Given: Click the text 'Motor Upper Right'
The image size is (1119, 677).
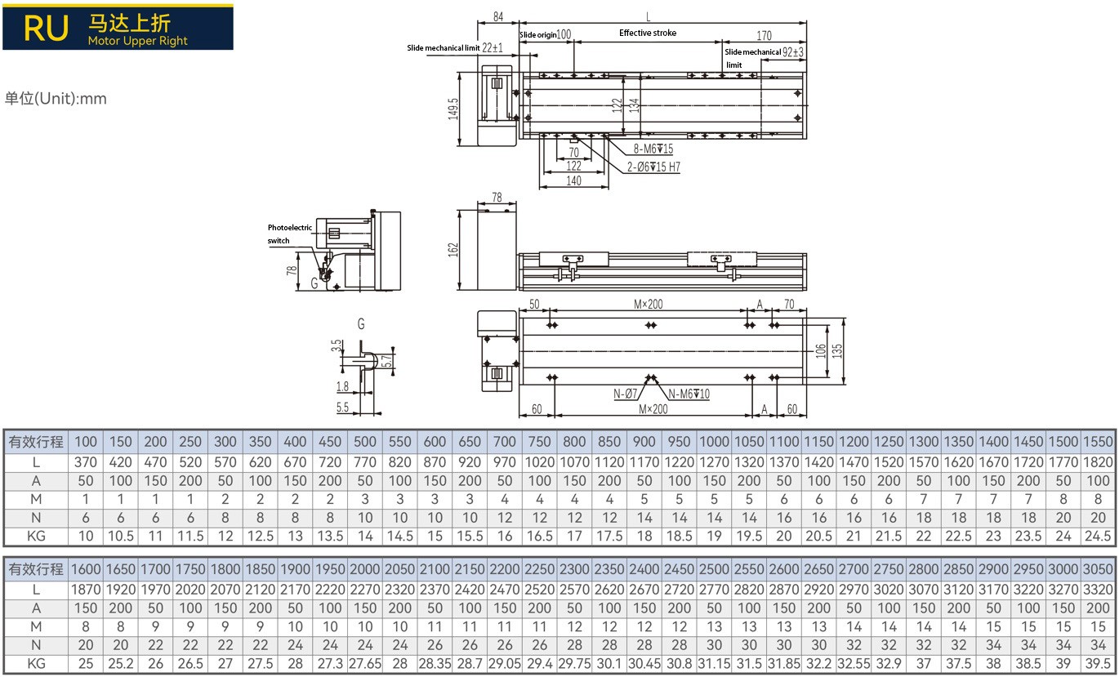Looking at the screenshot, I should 137,41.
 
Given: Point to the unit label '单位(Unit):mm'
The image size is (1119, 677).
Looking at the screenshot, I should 56,99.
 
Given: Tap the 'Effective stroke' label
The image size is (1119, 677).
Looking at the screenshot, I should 648,33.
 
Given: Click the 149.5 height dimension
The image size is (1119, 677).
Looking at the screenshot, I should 453,108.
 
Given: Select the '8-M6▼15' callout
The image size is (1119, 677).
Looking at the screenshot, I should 653,149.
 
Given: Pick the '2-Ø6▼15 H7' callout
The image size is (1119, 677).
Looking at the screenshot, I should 653,167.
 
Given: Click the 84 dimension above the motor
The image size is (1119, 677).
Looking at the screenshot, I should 498,16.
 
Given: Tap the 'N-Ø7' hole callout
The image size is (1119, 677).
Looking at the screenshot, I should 626,394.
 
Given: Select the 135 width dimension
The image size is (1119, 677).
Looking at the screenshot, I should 837,350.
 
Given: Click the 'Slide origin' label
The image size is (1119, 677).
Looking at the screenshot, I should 537,34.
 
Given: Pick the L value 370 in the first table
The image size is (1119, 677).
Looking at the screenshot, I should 86,462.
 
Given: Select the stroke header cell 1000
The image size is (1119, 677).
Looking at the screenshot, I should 714,442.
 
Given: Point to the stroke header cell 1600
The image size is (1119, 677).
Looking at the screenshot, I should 86,569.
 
